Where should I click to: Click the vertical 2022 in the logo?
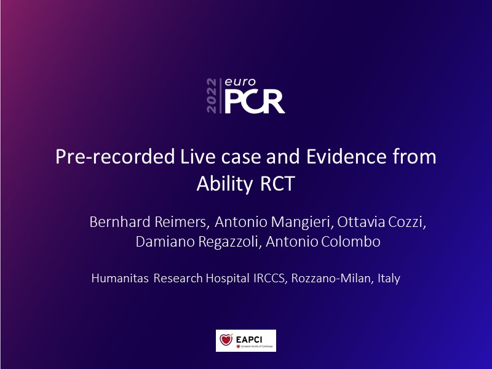coord(212,96)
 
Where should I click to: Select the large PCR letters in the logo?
coord(255,101)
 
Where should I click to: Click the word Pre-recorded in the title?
coord(115,157)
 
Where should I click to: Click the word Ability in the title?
coord(224,184)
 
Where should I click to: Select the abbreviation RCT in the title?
coord(278,183)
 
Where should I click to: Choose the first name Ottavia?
coord(361,222)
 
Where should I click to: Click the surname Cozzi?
coord(407,222)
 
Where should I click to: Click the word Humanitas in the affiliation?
coord(120,279)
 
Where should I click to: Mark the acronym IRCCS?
coord(270,279)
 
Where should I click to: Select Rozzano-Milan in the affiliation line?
coord(333,279)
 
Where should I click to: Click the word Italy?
coord(389,279)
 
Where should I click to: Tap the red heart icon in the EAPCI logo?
coord(226,339)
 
